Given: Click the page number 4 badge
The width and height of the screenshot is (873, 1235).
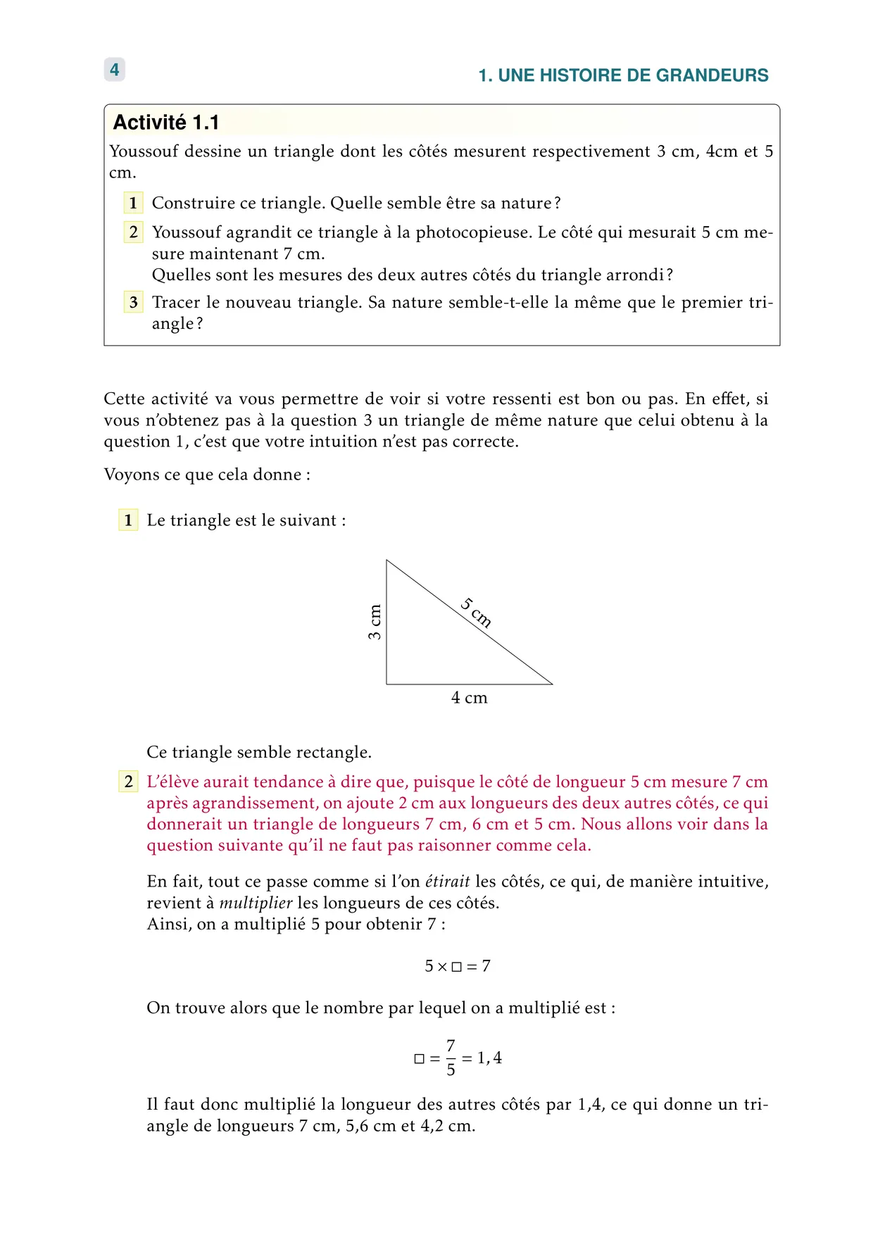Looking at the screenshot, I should tap(114, 70).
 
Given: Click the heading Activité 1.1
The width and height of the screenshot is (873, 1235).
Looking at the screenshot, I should tap(166, 123).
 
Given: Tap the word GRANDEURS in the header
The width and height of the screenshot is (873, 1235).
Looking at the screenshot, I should tap(712, 75).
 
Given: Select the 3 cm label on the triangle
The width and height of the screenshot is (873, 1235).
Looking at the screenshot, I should tap(375, 622).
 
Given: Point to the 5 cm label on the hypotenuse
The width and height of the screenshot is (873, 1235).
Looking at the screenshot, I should tap(477, 612).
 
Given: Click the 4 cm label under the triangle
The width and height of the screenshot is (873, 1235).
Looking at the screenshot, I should tap(469, 698).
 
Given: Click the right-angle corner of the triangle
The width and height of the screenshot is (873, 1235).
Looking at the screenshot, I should tap(387, 684).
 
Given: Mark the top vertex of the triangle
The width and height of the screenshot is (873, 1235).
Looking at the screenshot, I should tap(387, 560).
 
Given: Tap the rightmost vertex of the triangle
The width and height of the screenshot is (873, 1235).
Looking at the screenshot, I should tap(553, 684).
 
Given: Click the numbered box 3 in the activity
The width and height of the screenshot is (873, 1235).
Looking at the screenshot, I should tap(133, 302).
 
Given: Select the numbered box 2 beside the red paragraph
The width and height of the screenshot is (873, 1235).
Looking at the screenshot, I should tap(128, 782).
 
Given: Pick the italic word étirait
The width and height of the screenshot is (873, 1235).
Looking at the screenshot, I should tap(447, 882).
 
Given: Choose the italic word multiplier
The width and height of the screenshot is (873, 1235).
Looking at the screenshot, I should tap(256, 903).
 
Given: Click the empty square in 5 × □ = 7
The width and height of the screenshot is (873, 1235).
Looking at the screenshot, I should tap(456, 967).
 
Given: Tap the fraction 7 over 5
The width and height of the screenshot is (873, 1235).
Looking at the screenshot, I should tap(451, 1058).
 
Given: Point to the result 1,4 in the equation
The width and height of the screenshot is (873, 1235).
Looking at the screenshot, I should tap(489, 1058).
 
